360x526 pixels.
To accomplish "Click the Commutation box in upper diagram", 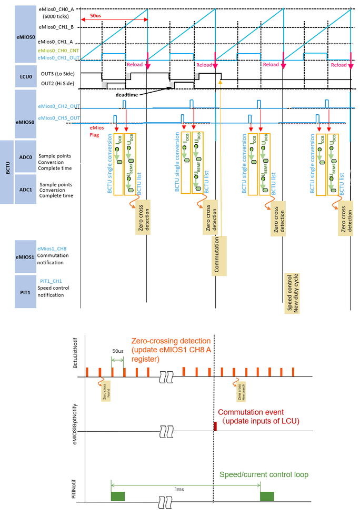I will click(x=220, y=255).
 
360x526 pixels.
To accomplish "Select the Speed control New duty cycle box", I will click(x=292, y=293).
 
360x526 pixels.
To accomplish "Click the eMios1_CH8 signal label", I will click(x=52, y=247).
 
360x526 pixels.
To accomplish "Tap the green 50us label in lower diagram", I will click(x=117, y=350).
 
